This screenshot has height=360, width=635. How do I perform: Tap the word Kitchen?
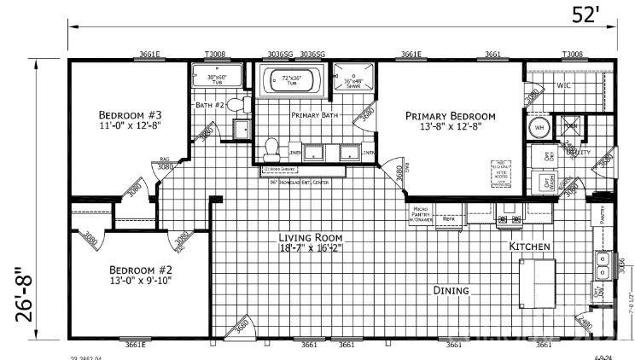point(529,247)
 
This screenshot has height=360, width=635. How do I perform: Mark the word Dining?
point(451,291)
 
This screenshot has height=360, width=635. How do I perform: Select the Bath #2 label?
point(209,105)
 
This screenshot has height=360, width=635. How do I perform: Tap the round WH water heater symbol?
point(539,127)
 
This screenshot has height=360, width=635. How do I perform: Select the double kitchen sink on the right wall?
point(603,267)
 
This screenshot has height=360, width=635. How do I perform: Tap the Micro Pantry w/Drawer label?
point(421,214)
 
